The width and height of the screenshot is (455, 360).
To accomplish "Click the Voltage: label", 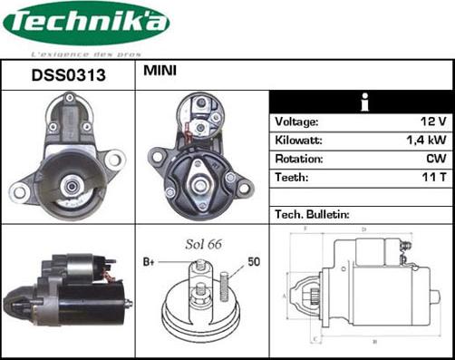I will tap(296, 122).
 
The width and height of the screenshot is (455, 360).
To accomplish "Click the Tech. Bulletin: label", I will tap(312, 215).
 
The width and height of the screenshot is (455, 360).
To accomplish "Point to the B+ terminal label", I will tap(150, 262).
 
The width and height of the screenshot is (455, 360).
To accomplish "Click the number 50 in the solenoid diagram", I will tap(255, 262).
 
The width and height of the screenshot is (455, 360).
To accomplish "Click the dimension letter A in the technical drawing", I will tap(285, 296).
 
